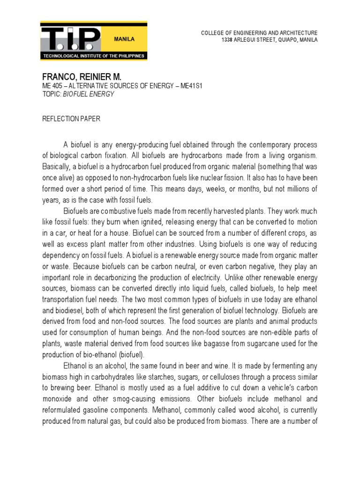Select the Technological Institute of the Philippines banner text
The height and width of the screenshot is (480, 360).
(94, 56)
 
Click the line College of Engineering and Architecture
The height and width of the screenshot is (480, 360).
(259, 33)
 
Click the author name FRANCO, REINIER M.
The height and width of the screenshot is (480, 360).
(84, 77)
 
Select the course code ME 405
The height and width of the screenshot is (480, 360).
(52, 86)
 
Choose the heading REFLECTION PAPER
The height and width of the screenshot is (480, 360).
(71, 119)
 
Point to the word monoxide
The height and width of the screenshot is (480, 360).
(57, 399)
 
